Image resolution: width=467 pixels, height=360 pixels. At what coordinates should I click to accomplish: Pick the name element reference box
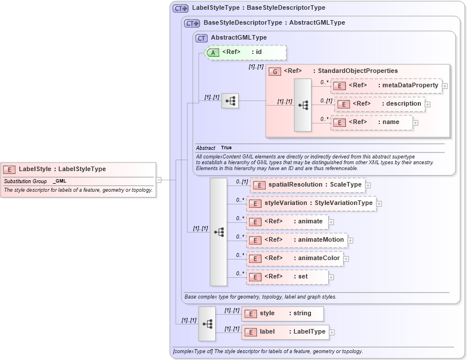click(372, 122)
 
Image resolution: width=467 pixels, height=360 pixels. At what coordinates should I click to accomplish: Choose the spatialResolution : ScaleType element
click(308, 185)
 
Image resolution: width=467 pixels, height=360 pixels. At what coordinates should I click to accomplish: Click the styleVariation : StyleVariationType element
click(311, 203)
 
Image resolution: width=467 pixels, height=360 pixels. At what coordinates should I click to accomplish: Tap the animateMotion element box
click(297, 240)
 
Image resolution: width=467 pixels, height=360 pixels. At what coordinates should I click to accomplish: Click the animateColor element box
click(295, 258)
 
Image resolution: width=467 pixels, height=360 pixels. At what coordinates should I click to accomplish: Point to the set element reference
click(287, 277)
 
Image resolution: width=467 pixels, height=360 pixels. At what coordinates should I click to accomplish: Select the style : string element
click(283, 313)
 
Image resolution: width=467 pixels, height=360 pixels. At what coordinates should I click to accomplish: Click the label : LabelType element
click(285, 332)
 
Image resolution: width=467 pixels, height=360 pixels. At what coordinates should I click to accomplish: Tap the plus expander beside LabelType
click(332, 332)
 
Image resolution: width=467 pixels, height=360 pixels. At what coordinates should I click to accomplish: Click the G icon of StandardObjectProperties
click(275, 71)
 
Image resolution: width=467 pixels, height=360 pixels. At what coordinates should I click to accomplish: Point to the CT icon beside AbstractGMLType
click(201, 38)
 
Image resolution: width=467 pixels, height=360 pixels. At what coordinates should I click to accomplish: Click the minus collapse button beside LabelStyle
click(159, 180)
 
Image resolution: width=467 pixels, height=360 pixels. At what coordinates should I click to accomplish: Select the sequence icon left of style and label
click(207, 324)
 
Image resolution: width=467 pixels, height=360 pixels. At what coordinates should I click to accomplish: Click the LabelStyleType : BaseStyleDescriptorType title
click(258, 8)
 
